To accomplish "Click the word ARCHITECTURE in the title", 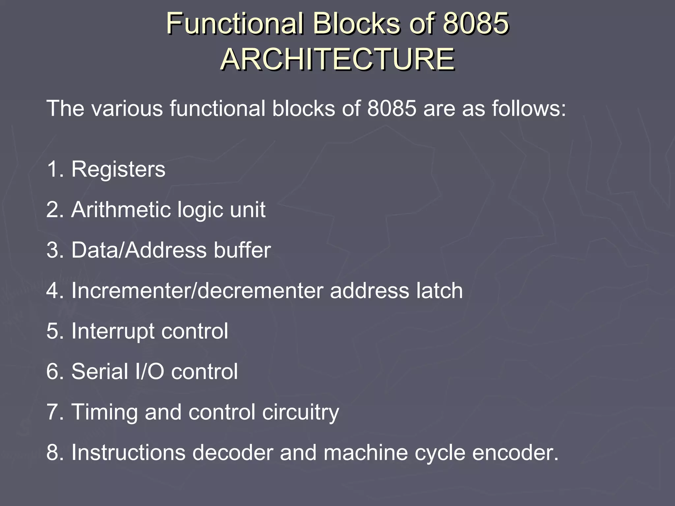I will click(x=337, y=60).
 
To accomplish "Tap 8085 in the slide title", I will click(x=475, y=24).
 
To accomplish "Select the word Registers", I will click(x=118, y=169).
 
